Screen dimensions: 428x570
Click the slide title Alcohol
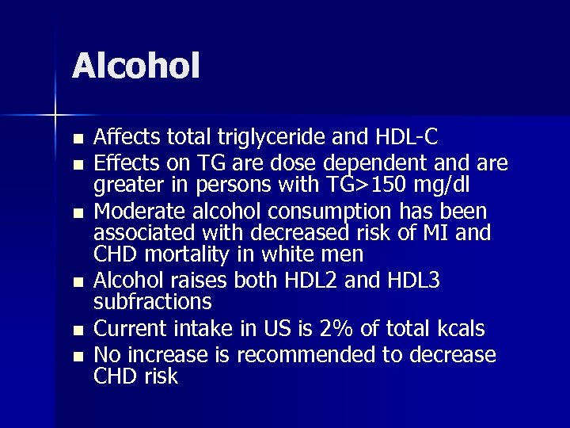coord(135,66)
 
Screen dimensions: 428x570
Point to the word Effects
coord(124,163)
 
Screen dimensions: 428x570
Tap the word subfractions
coord(152,302)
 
